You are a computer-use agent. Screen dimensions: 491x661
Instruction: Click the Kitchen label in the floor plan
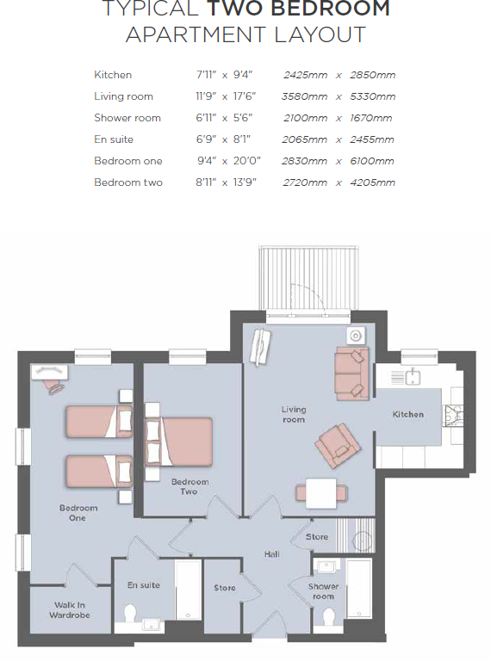point(408,414)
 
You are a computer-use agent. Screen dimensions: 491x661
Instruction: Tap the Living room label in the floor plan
point(294,414)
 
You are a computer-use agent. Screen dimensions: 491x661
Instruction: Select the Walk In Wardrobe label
point(70,610)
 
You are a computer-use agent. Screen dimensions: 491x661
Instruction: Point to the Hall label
point(272,554)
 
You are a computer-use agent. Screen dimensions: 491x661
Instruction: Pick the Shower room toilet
point(328,617)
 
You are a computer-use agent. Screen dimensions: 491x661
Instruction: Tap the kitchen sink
point(413,376)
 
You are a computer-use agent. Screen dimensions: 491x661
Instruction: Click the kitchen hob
point(453,416)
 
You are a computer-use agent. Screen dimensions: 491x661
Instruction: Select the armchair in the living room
point(338,446)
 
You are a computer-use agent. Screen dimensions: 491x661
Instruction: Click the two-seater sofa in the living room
point(351,374)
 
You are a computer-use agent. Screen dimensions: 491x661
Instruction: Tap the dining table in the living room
point(321,493)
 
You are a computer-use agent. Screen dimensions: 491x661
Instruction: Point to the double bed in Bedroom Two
point(179,442)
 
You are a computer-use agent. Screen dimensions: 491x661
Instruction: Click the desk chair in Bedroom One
point(55,386)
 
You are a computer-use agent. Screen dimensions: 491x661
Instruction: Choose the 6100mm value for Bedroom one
point(372,161)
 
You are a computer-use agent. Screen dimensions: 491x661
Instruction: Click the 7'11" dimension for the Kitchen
point(206,75)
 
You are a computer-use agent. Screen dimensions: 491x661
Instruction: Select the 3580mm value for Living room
point(305,96)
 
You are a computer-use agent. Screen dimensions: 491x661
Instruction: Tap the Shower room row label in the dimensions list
point(127,118)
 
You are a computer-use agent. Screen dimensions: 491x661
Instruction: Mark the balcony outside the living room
point(308,278)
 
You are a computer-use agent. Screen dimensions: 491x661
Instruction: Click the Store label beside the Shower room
point(317,537)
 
